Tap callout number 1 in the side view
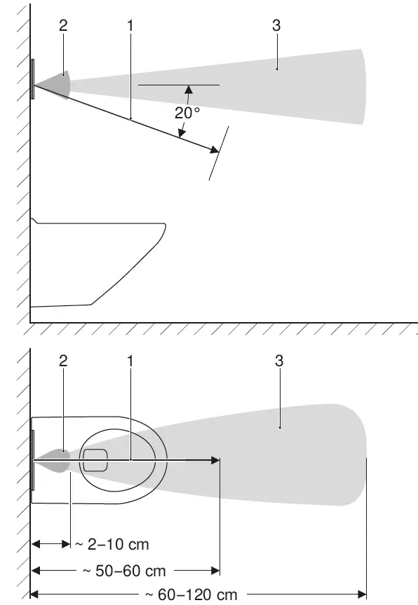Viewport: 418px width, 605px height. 130,25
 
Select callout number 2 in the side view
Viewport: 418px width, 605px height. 64,25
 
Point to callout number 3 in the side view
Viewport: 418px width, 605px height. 277,25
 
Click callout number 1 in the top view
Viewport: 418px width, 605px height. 130,360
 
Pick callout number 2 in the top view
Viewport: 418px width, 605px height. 64,360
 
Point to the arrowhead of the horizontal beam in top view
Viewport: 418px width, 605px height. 216,460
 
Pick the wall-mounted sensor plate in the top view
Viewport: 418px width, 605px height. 32,460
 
